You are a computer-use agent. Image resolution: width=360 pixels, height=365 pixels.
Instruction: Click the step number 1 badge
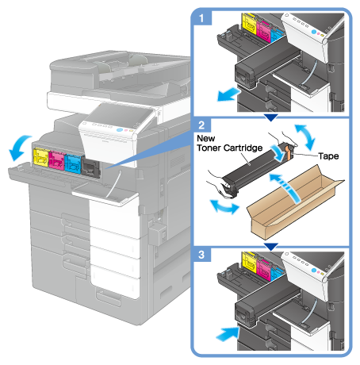click(x=202, y=17)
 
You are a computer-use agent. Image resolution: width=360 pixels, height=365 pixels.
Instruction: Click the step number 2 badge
click(x=202, y=125)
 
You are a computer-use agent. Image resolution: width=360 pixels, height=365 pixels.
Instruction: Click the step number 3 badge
click(x=202, y=255)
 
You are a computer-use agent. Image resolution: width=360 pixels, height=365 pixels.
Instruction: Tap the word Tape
click(x=328, y=156)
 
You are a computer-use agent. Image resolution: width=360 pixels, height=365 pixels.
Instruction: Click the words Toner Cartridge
click(x=230, y=148)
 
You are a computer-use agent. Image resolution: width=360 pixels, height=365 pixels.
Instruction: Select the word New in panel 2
click(x=206, y=138)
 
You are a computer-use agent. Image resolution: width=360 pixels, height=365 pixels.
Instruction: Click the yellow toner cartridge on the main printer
click(x=41, y=158)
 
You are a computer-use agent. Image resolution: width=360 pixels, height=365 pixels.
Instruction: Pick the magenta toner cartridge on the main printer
click(x=56, y=161)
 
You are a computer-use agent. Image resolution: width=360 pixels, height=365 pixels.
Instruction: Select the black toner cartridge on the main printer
click(x=90, y=167)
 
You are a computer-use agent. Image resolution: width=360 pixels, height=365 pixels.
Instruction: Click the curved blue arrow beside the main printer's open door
click(x=18, y=147)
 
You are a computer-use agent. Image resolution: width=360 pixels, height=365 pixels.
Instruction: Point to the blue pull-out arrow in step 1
click(x=228, y=94)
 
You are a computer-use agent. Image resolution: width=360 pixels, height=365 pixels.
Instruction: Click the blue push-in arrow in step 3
click(x=228, y=334)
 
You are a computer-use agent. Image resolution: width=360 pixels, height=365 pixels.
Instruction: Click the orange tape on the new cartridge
click(x=289, y=152)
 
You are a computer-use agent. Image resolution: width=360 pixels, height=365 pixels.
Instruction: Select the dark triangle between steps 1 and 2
click(x=271, y=117)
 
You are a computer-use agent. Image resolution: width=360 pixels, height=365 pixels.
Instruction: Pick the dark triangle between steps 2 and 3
click(x=271, y=247)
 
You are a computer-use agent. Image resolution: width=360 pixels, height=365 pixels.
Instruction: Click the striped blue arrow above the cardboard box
click(x=287, y=187)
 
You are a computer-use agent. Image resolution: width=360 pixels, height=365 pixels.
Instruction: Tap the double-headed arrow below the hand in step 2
click(x=224, y=207)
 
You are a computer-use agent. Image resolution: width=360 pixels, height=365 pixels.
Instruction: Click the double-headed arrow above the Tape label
click(x=305, y=136)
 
